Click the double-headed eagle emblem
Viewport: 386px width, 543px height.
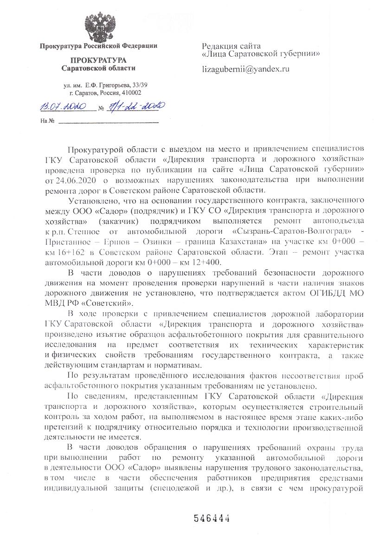coord(98,27)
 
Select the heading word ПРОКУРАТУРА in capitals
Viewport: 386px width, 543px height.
coord(98,61)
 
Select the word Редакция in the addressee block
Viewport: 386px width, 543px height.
coord(219,46)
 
